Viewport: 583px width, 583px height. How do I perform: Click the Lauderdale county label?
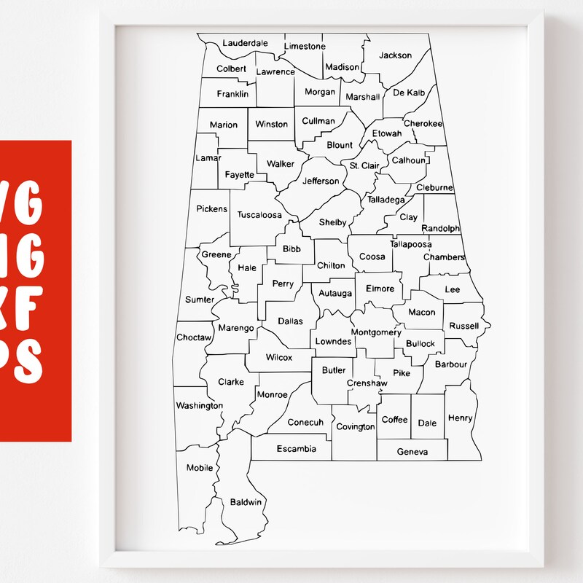pos(245,43)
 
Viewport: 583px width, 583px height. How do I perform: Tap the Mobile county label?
pos(200,468)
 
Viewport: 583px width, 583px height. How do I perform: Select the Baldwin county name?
pos(246,502)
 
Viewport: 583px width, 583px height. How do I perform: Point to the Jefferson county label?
pos(321,181)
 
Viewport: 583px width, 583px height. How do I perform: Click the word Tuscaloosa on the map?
pos(259,215)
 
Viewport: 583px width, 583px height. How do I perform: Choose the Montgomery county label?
pos(376,332)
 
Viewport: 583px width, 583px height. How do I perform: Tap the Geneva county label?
pos(412,452)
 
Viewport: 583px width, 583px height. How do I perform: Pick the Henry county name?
pos(460,418)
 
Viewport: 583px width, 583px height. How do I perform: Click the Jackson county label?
pos(396,55)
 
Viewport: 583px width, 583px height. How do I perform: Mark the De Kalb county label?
pos(409,93)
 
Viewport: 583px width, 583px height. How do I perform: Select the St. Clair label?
pos(364,166)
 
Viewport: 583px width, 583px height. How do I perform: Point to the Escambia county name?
pos(297,449)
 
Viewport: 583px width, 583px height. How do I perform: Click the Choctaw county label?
pos(194,337)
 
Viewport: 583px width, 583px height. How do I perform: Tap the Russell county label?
pos(464,326)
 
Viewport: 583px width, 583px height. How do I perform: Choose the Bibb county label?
pos(291,249)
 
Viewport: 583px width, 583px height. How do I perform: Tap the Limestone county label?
pos(305,47)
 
